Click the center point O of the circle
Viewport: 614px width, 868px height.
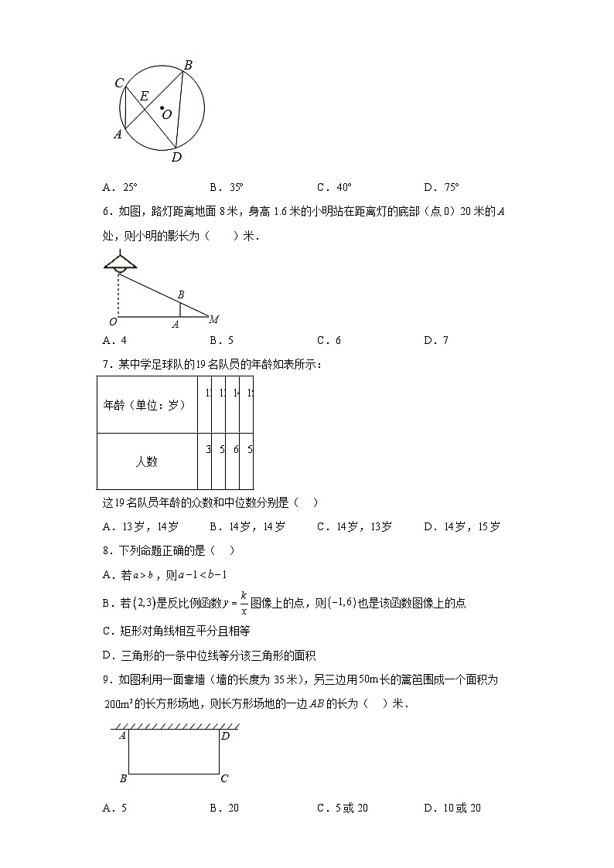click(x=162, y=109)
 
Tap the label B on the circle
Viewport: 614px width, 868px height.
click(x=187, y=65)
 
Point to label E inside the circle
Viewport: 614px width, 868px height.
click(x=144, y=97)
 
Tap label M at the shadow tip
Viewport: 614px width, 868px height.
click(x=214, y=319)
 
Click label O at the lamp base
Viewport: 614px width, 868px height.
click(x=113, y=321)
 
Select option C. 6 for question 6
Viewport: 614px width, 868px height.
click(x=329, y=340)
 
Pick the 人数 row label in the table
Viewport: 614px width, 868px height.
click(x=147, y=461)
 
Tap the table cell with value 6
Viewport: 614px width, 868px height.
click(x=236, y=449)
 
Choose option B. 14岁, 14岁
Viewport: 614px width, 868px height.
click(x=247, y=527)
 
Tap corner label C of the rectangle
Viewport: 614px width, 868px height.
click(x=224, y=778)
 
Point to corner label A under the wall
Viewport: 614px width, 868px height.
click(x=122, y=736)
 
